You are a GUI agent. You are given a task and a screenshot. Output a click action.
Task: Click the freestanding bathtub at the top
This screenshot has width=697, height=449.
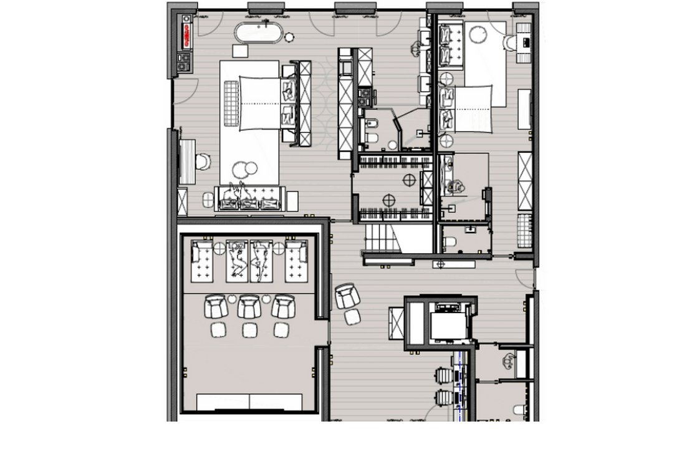tap(257, 32)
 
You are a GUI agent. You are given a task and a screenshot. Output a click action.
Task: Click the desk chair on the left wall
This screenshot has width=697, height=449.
tap(202, 162)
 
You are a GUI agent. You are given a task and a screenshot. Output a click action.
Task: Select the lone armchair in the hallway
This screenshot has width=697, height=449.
tap(346, 296)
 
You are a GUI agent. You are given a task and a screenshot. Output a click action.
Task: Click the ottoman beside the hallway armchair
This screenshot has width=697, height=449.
tap(353, 317)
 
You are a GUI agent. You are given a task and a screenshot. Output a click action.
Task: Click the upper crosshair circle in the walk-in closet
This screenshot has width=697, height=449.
tap(409, 180)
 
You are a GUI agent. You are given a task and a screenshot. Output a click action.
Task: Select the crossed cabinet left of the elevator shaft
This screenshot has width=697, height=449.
tap(397, 323)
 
